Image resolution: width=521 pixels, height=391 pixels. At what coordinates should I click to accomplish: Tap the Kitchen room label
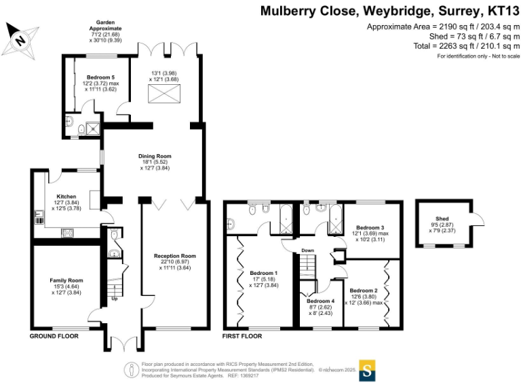(x=66, y=197)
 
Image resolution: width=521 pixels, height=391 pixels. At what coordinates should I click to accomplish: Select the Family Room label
(x=66, y=280)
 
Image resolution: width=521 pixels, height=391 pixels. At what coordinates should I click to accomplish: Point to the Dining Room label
(x=155, y=156)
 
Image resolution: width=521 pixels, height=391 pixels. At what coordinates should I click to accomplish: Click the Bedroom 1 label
(x=264, y=273)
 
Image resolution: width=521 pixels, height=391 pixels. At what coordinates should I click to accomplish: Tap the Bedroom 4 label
(x=320, y=301)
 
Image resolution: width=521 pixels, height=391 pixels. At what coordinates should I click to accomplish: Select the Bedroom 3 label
(x=370, y=227)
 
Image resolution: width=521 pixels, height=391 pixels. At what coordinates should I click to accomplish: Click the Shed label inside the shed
(x=442, y=219)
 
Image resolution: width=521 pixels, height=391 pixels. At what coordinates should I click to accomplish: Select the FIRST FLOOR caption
(x=242, y=336)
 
